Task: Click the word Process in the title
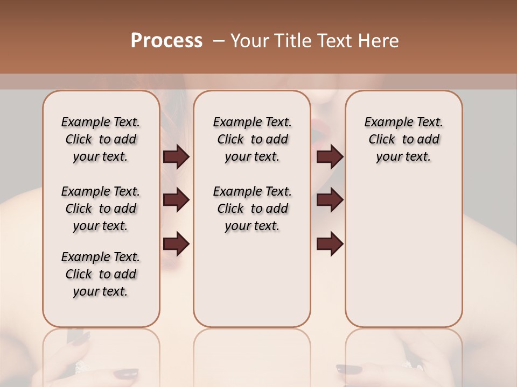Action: pyautogui.click(x=166, y=41)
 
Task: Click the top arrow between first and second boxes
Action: pyautogui.click(x=176, y=156)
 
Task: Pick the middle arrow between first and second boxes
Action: pyautogui.click(x=176, y=200)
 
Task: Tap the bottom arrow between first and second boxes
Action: pyautogui.click(x=176, y=243)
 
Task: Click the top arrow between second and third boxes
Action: pyautogui.click(x=330, y=156)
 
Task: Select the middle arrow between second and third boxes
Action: pyautogui.click(x=330, y=200)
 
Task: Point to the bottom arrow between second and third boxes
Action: pyautogui.click(x=330, y=243)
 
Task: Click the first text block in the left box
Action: pyautogui.click(x=101, y=139)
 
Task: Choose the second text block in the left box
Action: pyautogui.click(x=101, y=209)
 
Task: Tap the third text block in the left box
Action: pyautogui.click(x=101, y=274)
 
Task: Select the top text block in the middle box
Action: pyautogui.click(x=252, y=139)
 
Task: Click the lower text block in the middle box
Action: pyautogui.click(x=252, y=209)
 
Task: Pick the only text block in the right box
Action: pyautogui.click(x=404, y=139)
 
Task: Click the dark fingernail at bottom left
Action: pyautogui.click(x=128, y=374)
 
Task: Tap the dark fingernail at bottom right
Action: pyautogui.click(x=349, y=370)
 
